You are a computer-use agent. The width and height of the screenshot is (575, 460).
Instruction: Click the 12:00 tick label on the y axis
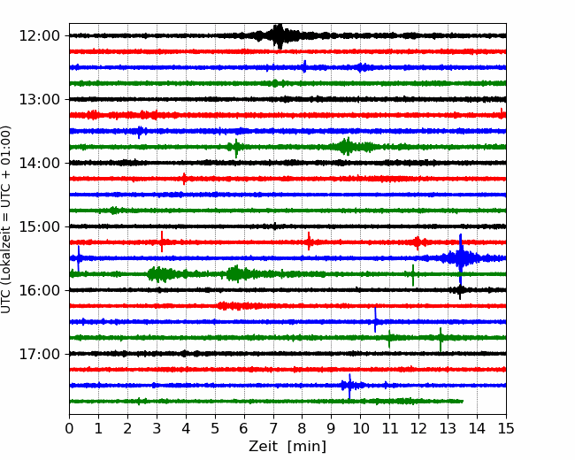coord(39,36)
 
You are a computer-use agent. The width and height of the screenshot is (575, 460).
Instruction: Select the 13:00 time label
coord(39,99)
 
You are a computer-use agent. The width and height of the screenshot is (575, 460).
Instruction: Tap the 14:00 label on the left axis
coord(39,163)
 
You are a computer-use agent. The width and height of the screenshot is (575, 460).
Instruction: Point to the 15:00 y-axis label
coord(39,226)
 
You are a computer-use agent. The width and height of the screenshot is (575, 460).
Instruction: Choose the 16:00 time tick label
coord(39,290)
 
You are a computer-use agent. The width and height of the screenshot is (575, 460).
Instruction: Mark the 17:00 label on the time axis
coord(39,354)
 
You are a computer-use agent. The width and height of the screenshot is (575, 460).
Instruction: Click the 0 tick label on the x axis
coord(69,428)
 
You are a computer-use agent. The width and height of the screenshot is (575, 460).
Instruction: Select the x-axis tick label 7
coord(273,428)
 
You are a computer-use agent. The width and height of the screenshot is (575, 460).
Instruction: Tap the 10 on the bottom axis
coord(360,428)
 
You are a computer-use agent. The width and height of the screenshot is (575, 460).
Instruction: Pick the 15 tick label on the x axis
coord(506,428)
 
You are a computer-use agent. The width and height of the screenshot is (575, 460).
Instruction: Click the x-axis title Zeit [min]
coord(287,447)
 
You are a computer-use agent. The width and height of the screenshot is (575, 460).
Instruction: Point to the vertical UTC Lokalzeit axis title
coord(5,219)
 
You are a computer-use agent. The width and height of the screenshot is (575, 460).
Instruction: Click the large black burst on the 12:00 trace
coord(279,36)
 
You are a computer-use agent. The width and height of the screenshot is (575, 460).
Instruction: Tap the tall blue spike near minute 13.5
coord(461,259)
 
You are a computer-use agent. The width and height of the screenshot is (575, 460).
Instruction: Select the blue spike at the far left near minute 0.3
coord(78,258)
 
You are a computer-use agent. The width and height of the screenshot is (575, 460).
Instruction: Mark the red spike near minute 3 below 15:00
coord(162,241)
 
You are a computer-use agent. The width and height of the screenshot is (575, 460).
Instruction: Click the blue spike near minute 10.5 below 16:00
coord(375,320)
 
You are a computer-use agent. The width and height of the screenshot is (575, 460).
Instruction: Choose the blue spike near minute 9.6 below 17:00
coord(349,386)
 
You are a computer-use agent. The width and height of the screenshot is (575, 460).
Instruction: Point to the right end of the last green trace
coord(464,402)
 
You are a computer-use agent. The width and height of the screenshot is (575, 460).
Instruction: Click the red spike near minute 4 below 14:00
coord(184,179)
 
